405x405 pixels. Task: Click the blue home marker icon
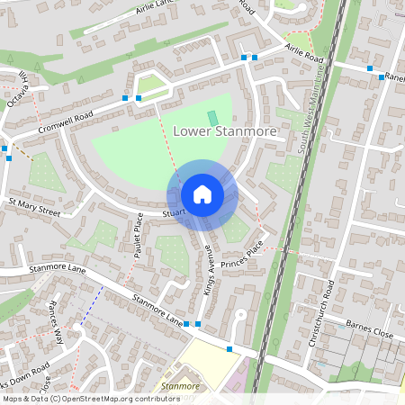click(x=202, y=194)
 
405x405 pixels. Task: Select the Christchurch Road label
click(x=330, y=301)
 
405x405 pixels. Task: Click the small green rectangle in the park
click(x=212, y=118)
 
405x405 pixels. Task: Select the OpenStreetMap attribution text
click(x=90, y=398)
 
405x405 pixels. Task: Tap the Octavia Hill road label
click(x=19, y=88)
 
